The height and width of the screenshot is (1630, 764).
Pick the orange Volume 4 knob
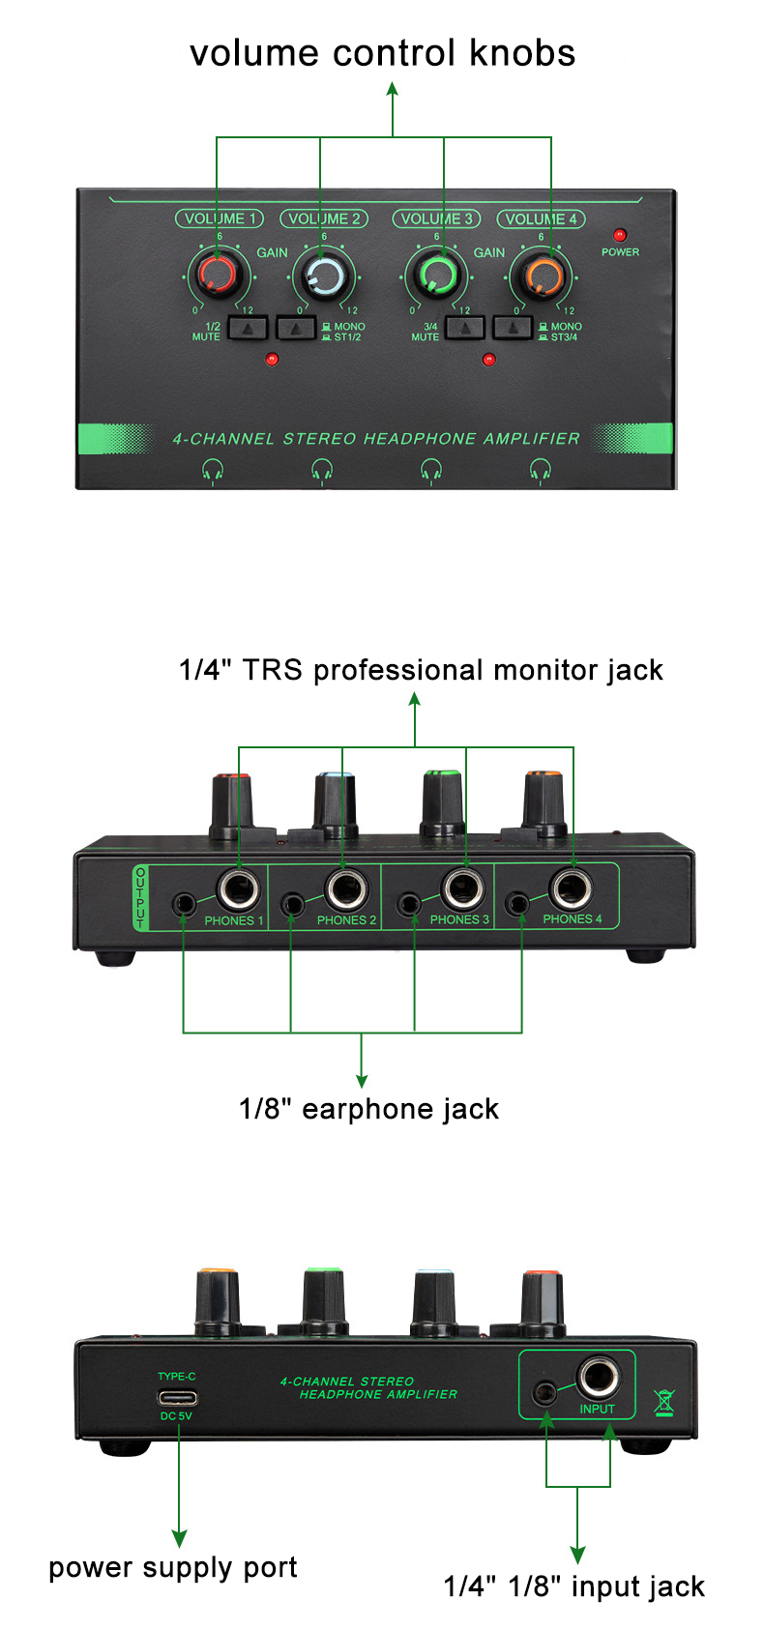click(541, 276)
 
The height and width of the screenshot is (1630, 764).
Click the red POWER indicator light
click(620, 235)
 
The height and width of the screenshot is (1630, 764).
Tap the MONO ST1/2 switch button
click(296, 328)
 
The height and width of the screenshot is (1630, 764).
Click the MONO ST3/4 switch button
click(513, 328)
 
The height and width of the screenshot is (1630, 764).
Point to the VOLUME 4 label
click(541, 218)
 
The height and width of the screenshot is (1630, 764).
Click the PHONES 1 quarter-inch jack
click(238, 888)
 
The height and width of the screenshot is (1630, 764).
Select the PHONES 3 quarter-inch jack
click(463, 888)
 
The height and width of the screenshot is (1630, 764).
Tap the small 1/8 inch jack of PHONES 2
click(292, 905)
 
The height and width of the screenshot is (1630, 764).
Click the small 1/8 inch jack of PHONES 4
click(520, 905)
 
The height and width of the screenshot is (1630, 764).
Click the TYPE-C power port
click(177, 1397)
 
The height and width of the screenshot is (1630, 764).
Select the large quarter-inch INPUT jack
click(599, 1378)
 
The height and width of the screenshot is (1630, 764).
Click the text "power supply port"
click(173, 1567)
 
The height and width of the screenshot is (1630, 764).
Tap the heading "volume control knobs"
click(382, 53)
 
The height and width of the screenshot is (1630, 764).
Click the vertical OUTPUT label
click(141, 897)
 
